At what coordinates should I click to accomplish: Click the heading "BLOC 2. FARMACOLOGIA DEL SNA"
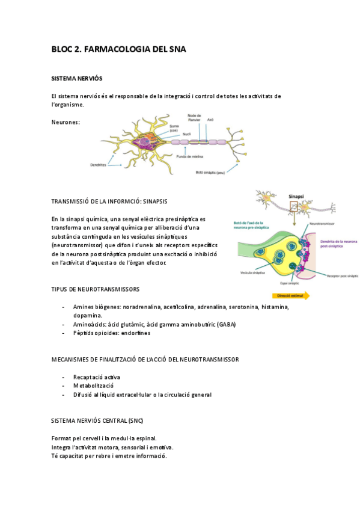point(118,49)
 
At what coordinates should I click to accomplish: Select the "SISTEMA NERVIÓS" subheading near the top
point(77,79)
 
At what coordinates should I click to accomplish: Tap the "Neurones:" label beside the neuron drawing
point(66,122)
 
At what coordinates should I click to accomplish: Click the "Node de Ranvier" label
point(194,117)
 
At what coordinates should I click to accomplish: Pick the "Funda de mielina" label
point(190,155)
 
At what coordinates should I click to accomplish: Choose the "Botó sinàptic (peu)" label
point(214,172)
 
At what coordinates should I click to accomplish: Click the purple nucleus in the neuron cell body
point(144,143)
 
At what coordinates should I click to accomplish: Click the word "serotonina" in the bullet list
point(242,307)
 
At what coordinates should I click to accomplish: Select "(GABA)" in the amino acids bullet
point(227,324)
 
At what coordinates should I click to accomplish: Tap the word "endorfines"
point(135,333)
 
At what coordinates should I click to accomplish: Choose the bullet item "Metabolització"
point(93,385)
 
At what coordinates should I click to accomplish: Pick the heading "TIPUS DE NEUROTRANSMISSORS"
point(96,289)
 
